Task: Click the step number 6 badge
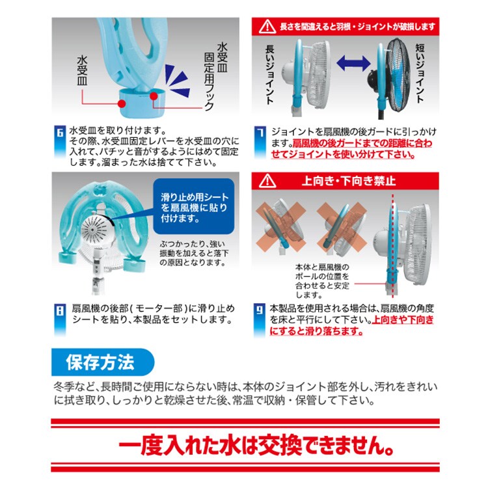coord(60,133)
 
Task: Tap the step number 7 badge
coord(260,133)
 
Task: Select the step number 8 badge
coord(60,310)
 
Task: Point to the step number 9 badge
coord(260,310)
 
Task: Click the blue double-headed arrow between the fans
coord(353,63)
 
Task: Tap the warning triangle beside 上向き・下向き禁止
coord(267,181)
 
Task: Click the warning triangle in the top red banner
coord(267,27)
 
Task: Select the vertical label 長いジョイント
coord(269,74)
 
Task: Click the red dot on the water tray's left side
coord(122,103)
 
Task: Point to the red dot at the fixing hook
coord(154,96)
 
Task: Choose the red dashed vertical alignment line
coord(393,245)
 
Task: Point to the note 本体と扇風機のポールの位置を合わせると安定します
coord(322,280)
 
